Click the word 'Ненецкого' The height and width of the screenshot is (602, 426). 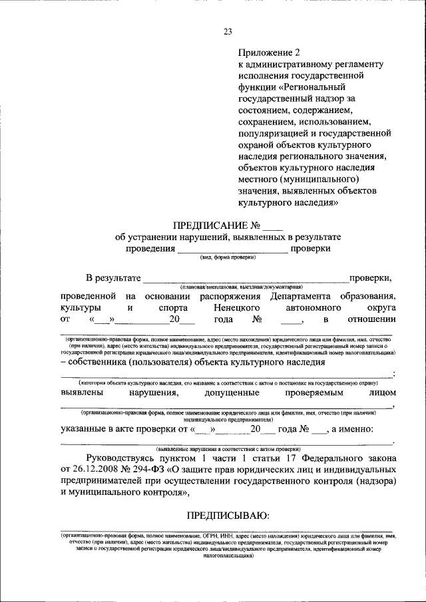point(237,308)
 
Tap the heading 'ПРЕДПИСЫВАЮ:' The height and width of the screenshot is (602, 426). point(227,514)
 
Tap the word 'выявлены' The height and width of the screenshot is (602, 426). point(83,393)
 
